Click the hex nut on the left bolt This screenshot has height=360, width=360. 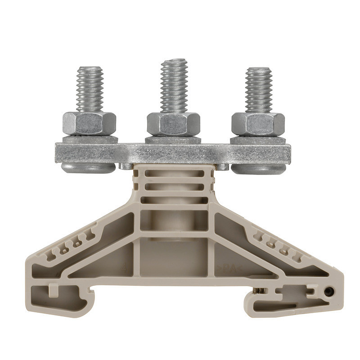(x=89, y=123)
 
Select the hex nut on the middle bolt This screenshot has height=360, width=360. (x=173, y=123)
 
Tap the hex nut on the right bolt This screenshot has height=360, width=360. (x=258, y=123)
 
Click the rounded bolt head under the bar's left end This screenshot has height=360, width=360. (x=88, y=168)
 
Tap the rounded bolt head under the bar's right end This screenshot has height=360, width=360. (x=258, y=169)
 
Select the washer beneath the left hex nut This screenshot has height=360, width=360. (x=90, y=139)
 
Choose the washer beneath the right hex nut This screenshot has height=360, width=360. (x=258, y=139)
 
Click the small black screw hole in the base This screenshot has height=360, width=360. (x=328, y=292)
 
